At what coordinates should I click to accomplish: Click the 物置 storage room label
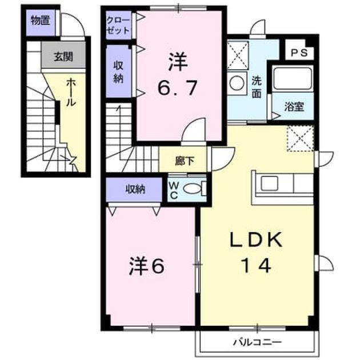pyautogui.click(x=41, y=21)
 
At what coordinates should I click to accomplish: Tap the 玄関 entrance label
pyautogui.click(x=63, y=57)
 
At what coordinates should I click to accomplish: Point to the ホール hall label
pyautogui.click(x=71, y=93)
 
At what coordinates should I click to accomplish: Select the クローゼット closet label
pyautogui.click(x=118, y=26)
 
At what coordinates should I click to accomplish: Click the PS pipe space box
pyautogui.click(x=299, y=53)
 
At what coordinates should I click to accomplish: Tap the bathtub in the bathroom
pyautogui.click(x=293, y=78)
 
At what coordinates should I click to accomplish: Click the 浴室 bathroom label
pyautogui.click(x=294, y=107)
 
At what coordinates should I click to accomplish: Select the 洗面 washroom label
pyautogui.click(x=257, y=87)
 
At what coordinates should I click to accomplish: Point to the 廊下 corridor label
pyautogui.click(x=185, y=161)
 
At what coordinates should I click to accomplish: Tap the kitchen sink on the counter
pyautogui.click(x=270, y=183)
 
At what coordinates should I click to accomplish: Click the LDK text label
pyautogui.click(x=256, y=239)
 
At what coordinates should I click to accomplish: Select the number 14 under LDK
pyautogui.click(x=256, y=265)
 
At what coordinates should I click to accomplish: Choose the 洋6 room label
pyautogui.click(x=147, y=266)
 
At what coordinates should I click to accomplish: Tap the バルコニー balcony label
pyautogui.click(x=257, y=342)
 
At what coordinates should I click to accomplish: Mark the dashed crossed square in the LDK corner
pyautogui.click(x=301, y=138)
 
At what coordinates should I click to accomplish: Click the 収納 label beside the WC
pyautogui.click(x=135, y=189)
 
